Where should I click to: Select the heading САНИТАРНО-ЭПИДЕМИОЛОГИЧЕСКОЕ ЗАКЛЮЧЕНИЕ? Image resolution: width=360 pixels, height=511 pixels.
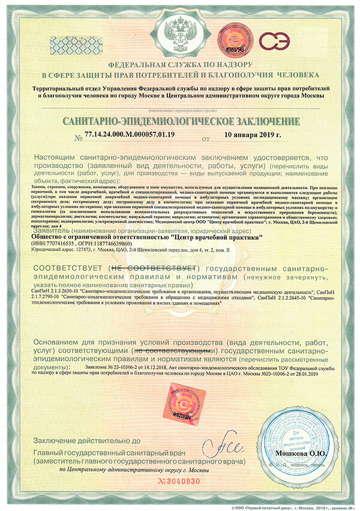pos(180,122)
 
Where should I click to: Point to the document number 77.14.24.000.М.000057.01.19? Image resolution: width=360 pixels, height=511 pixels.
pos(130,134)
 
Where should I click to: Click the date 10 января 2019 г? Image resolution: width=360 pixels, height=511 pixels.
pos(252,134)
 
